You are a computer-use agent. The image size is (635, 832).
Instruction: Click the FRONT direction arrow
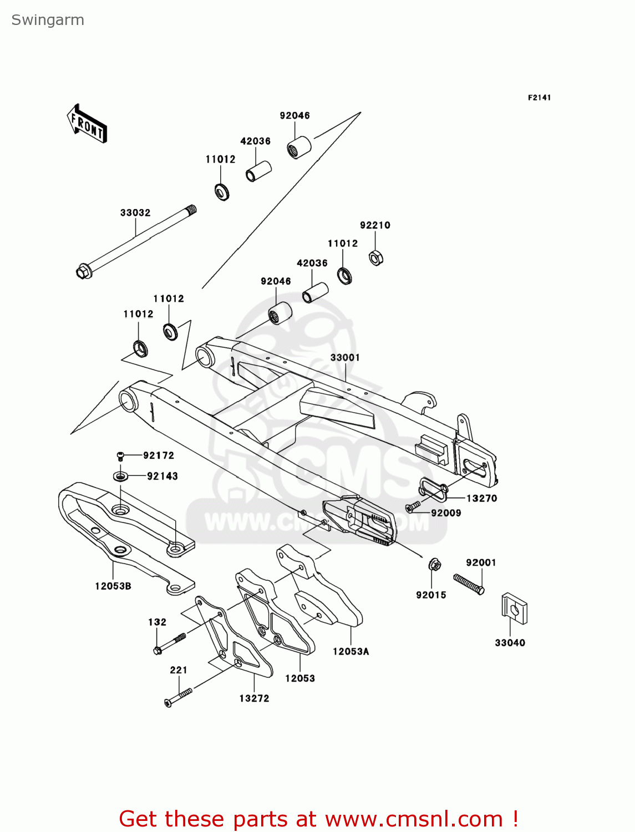point(87,123)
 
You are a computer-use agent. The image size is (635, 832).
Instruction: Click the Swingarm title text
point(48,20)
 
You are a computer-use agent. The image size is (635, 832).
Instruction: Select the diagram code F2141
point(539,98)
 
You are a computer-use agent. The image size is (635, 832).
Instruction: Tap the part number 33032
point(135,212)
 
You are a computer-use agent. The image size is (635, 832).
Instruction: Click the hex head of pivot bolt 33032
point(84,272)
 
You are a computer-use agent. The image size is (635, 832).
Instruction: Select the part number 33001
point(345,358)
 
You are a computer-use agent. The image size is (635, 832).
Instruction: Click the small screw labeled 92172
point(121,456)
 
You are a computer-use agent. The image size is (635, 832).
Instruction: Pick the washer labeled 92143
point(120,476)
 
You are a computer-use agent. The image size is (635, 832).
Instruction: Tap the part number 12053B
point(113,586)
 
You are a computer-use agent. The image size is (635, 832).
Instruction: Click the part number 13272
point(254,698)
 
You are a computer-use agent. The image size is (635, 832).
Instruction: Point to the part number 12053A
point(350,652)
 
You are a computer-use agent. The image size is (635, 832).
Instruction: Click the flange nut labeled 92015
point(435,566)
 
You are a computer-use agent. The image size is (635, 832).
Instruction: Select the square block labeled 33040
point(514,609)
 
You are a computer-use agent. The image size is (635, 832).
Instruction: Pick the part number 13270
point(481,498)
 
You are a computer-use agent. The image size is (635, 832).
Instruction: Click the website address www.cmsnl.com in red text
point(413,819)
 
